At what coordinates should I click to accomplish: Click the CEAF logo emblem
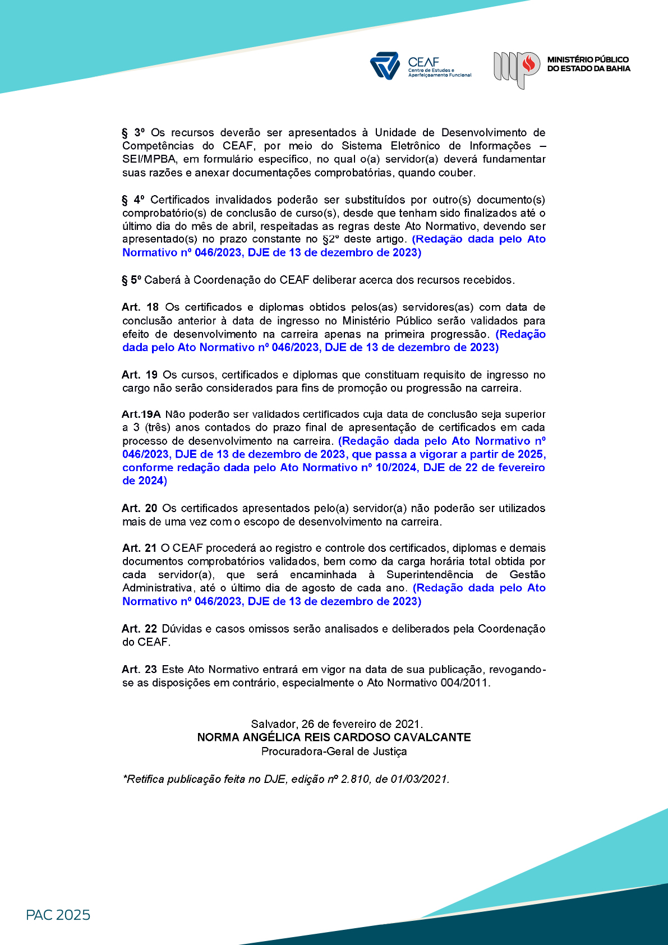[x=384, y=66]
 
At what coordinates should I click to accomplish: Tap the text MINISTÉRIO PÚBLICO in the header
[x=588, y=59]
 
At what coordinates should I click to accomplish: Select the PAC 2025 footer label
[x=58, y=915]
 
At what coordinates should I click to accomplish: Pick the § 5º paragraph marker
[x=132, y=280]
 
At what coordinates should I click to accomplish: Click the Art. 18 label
[x=140, y=307]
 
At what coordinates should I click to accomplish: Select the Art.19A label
[x=141, y=414]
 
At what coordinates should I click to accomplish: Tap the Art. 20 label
[x=140, y=508]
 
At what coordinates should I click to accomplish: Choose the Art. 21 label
[x=139, y=548]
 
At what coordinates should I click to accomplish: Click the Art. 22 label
[x=140, y=629]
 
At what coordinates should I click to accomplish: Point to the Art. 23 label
[x=140, y=669]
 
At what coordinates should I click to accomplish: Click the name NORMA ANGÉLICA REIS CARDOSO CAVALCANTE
[x=334, y=737]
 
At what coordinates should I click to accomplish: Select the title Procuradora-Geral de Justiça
[x=334, y=752]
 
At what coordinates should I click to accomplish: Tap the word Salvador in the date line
[x=273, y=724]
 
